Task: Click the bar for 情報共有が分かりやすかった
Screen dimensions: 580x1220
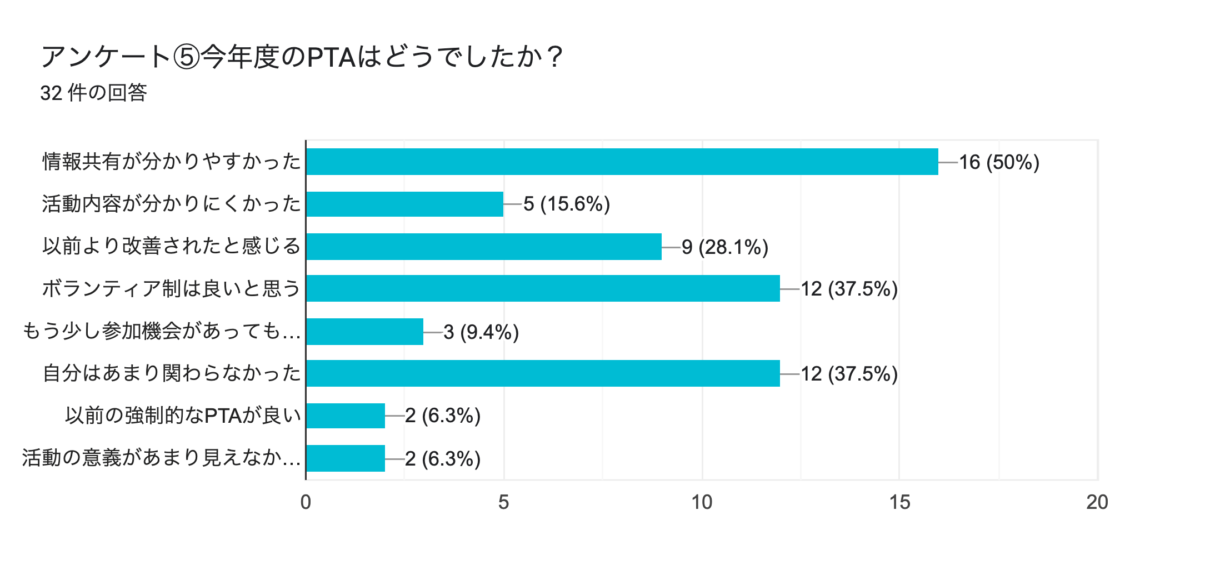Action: click(x=622, y=162)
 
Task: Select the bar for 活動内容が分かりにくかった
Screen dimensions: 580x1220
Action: click(x=404, y=204)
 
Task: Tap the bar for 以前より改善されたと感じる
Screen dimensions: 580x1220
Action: click(x=483, y=247)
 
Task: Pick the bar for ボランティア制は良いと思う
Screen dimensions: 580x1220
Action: click(x=543, y=288)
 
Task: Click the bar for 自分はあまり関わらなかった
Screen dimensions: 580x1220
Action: click(x=543, y=373)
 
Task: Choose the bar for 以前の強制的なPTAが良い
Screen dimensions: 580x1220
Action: click(x=345, y=416)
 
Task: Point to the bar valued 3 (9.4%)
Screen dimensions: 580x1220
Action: click(x=364, y=332)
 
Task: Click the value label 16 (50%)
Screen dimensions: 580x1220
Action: click(x=999, y=162)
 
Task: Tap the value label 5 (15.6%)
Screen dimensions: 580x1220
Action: click(x=567, y=204)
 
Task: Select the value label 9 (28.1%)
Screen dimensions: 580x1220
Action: click(x=725, y=247)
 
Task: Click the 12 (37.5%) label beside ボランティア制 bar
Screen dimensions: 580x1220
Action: click(x=849, y=289)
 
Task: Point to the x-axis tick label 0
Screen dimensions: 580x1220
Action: click(x=306, y=502)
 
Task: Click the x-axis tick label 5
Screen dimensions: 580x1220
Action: click(x=503, y=502)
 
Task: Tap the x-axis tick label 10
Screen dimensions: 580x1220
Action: click(x=702, y=502)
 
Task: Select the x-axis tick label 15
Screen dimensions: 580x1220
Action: click(x=899, y=502)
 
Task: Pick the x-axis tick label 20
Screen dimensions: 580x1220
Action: click(x=1097, y=502)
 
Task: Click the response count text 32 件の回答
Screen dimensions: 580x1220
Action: click(x=93, y=93)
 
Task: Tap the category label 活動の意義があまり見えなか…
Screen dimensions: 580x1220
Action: click(x=161, y=458)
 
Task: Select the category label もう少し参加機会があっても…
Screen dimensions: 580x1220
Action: click(x=161, y=331)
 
